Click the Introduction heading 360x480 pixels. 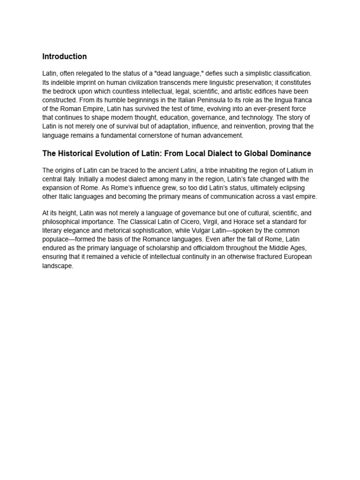coord(64,57)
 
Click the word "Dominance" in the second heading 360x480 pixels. coord(287,154)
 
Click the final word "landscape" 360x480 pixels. coord(58,266)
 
